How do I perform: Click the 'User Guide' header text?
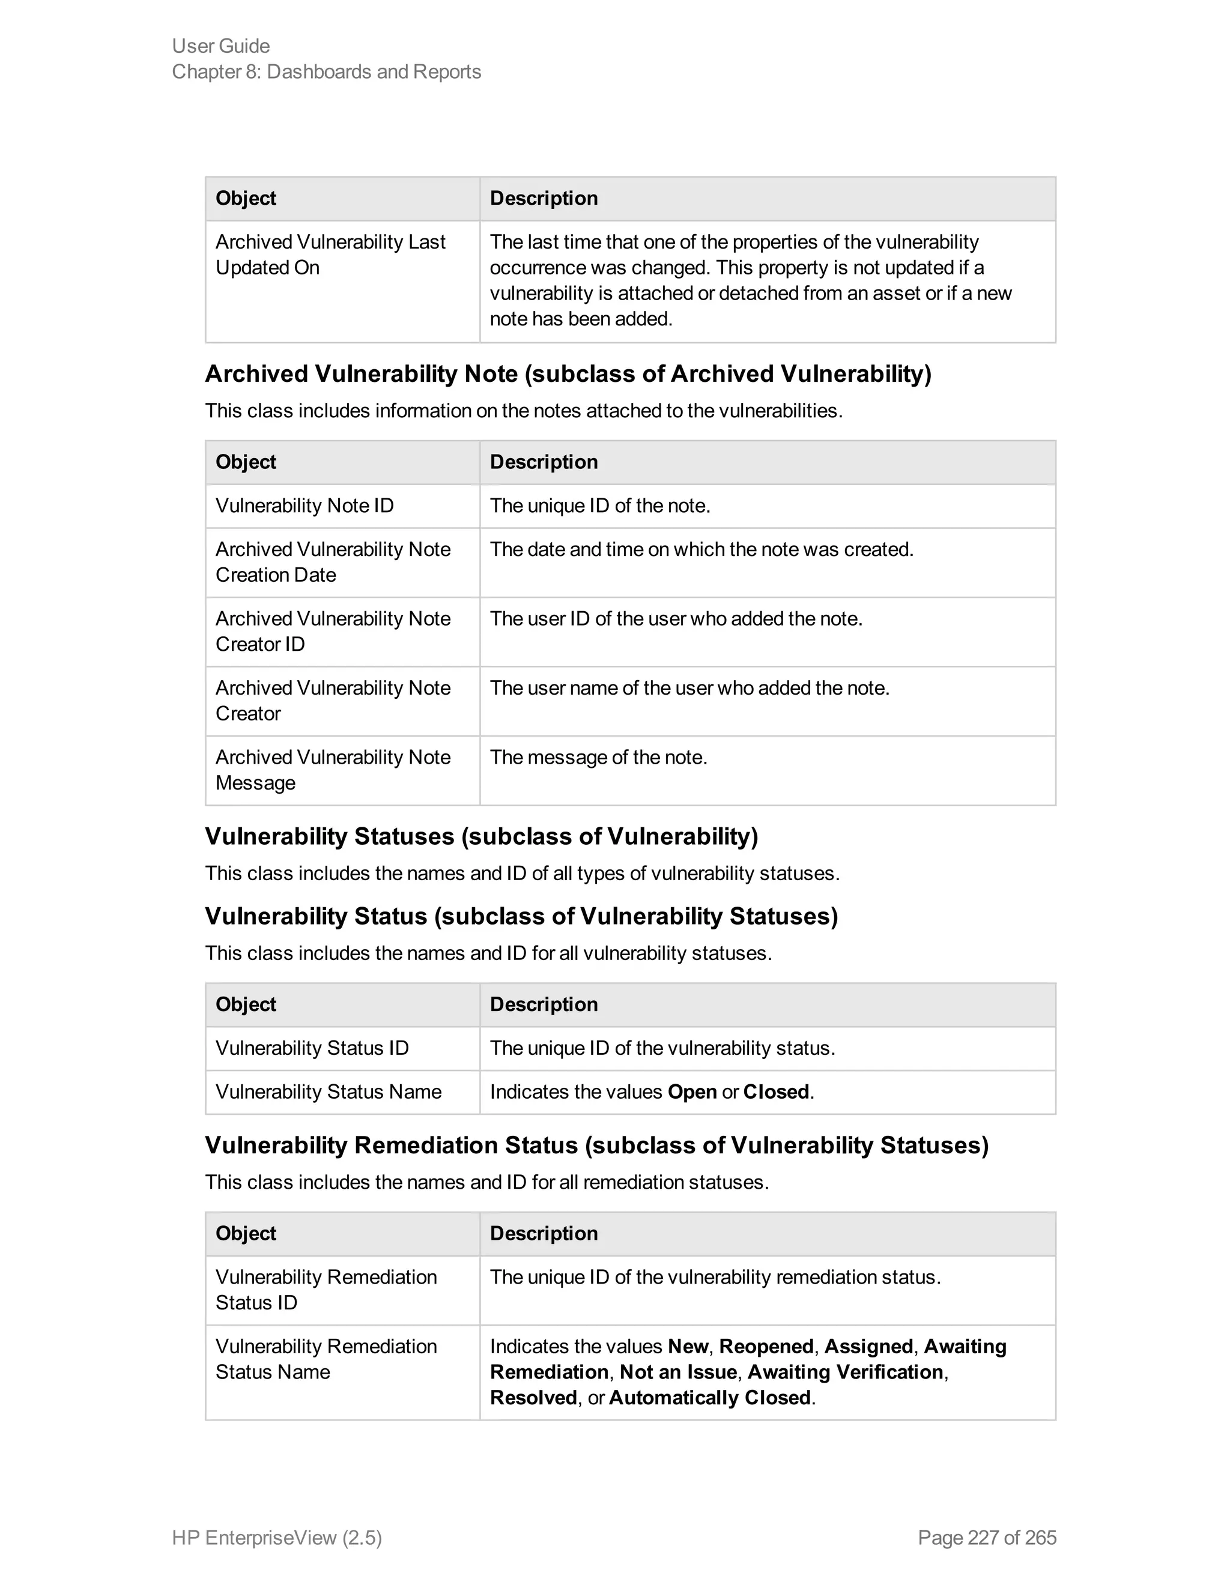(221, 46)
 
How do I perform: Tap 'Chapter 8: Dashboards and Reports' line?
(327, 72)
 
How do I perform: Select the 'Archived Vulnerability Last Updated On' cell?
(330, 255)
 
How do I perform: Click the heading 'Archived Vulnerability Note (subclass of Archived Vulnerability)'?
(568, 373)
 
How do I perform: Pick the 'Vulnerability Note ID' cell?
(304, 506)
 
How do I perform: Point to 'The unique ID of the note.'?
(600, 506)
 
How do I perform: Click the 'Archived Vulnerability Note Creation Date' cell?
(333, 562)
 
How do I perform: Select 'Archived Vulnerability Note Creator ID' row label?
(333, 631)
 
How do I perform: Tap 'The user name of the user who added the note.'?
(689, 687)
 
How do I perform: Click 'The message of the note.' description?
(598, 757)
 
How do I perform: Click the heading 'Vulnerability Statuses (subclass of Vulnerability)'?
(481, 836)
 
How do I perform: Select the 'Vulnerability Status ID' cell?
(312, 1048)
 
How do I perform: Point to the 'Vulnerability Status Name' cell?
(328, 1091)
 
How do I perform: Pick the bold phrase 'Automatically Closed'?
(710, 1397)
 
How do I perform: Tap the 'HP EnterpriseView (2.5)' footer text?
(277, 1537)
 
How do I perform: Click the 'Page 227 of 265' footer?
(987, 1537)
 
